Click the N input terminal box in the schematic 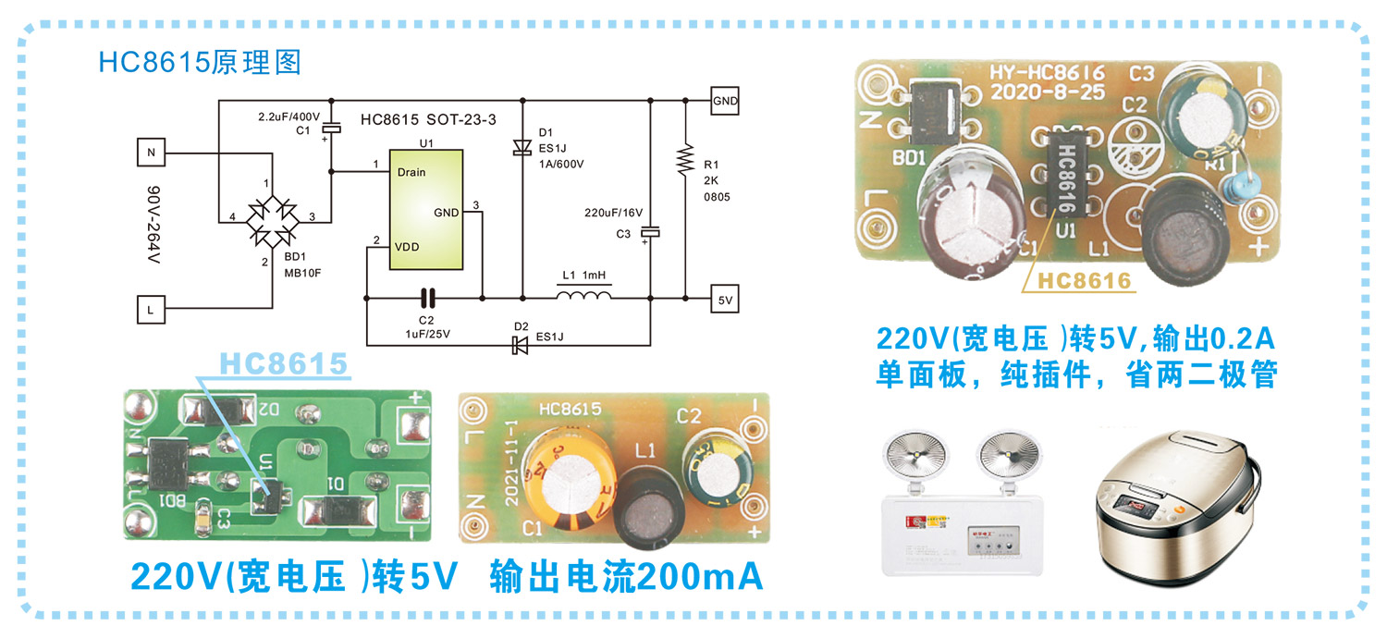[x=151, y=152]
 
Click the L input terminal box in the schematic [x=151, y=309]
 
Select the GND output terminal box [x=725, y=102]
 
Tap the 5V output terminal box [x=725, y=300]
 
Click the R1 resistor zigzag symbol [x=685, y=160]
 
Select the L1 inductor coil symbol [x=583, y=296]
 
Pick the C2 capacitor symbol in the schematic [x=426, y=298]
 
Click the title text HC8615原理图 [x=200, y=62]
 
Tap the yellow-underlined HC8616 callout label [x=1084, y=280]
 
